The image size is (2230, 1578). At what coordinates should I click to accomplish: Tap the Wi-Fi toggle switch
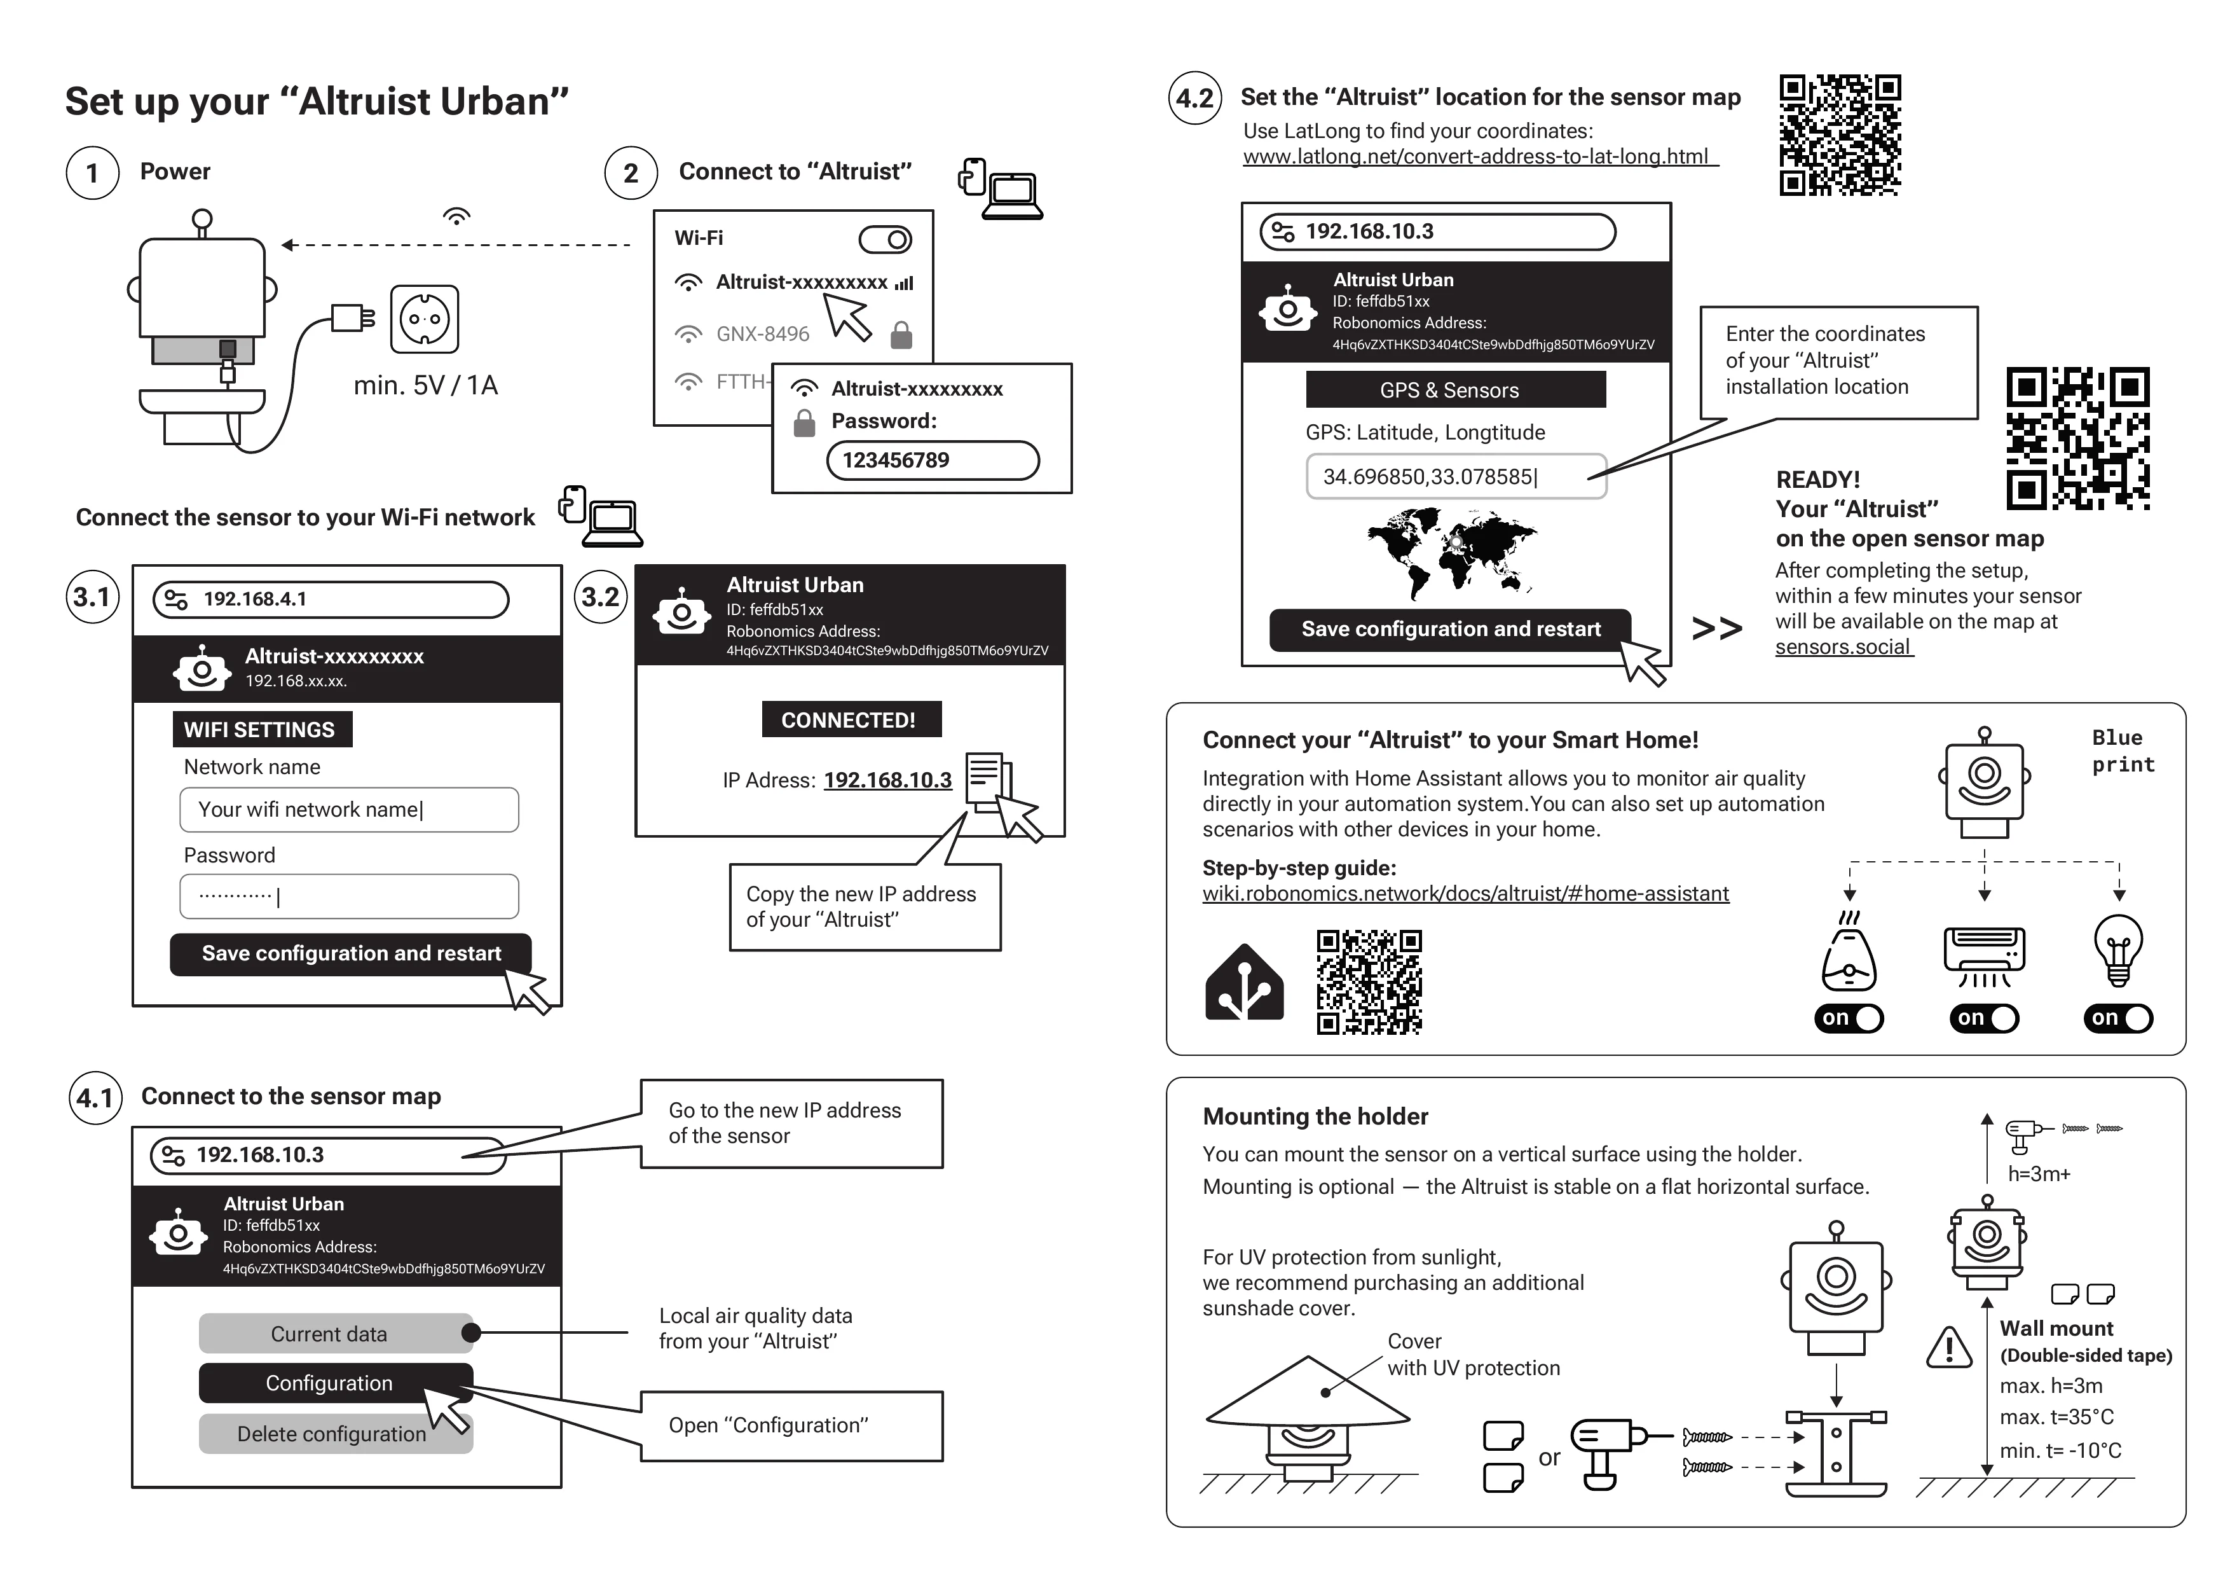pos(885,239)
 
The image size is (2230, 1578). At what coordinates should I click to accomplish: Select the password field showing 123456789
pos(933,460)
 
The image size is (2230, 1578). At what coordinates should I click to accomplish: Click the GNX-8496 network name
pos(762,335)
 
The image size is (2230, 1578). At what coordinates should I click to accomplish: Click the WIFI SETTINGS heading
pos(260,730)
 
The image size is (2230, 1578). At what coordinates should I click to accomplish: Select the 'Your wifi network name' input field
pos(349,810)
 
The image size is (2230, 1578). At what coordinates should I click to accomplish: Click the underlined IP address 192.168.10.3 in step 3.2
pos(887,780)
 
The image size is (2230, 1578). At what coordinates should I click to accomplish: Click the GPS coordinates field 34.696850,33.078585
pos(1455,476)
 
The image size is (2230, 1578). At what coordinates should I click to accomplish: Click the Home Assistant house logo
pos(1243,983)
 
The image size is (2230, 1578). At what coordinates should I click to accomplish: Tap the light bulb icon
pos(2118,950)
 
